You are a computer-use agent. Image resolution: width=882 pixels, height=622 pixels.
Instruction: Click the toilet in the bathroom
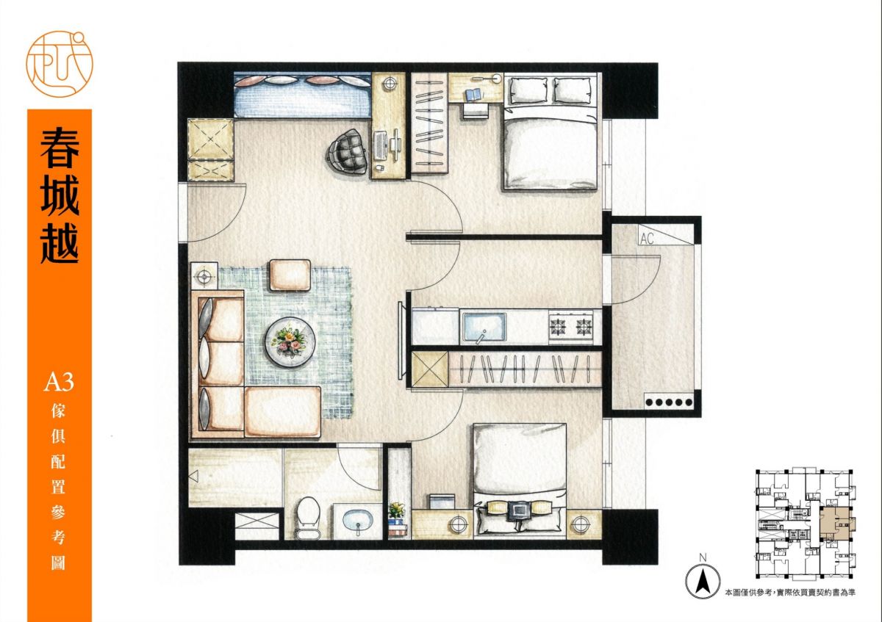coord(308,517)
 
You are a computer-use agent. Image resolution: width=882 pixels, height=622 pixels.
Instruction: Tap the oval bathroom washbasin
coord(358,520)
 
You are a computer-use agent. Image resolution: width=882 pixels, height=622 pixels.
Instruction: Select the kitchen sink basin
coord(484,326)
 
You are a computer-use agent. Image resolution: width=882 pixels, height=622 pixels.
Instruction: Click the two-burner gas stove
coord(571,326)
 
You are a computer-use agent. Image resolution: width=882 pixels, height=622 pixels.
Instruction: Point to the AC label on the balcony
coord(647,239)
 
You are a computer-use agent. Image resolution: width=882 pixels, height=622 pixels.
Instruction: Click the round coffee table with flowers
coord(290,341)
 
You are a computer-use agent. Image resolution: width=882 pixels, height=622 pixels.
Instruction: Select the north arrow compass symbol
coord(703,582)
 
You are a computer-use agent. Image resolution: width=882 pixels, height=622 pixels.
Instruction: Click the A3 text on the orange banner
coord(59,383)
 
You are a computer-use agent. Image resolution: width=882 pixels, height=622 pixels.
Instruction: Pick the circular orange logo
coord(60,64)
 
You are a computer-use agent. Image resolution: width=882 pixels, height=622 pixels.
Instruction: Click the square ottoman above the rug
coord(290,275)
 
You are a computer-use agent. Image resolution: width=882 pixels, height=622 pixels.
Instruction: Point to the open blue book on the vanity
coord(473,95)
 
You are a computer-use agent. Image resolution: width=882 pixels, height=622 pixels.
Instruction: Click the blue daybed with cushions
coord(303,95)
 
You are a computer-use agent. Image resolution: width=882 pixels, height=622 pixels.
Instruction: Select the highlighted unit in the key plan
coord(836,524)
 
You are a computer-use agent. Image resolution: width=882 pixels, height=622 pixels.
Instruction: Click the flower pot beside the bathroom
coord(396,510)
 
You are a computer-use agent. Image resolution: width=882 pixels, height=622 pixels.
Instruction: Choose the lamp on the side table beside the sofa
coord(204,277)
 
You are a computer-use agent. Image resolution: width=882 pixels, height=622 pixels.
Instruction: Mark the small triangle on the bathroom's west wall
coord(193,476)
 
